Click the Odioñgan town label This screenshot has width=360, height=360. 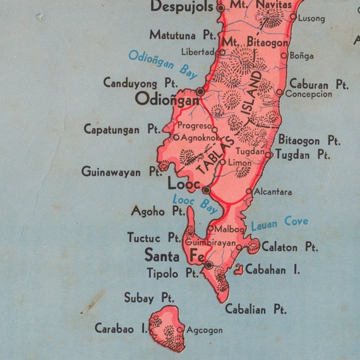[x=163, y=99]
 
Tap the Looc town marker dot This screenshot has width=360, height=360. [x=206, y=189]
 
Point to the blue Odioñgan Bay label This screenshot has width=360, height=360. [x=163, y=63]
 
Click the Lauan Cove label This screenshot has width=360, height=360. [x=279, y=222]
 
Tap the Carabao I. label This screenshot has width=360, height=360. [x=121, y=328]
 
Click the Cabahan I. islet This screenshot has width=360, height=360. [x=239, y=270]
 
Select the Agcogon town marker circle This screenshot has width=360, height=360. [x=179, y=330]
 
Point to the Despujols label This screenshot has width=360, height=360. [x=183, y=7]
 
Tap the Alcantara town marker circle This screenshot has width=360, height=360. [x=249, y=191]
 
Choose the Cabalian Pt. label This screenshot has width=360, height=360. [x=255, y=309]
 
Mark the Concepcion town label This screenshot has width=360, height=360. [x=308, y=94]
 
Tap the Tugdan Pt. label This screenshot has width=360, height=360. [x=303, y=154]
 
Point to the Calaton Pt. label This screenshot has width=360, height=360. [x=289, y=247]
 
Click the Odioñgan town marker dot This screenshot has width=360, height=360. [x=200, y=92]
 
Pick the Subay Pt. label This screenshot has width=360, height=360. [x=148, y=297]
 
